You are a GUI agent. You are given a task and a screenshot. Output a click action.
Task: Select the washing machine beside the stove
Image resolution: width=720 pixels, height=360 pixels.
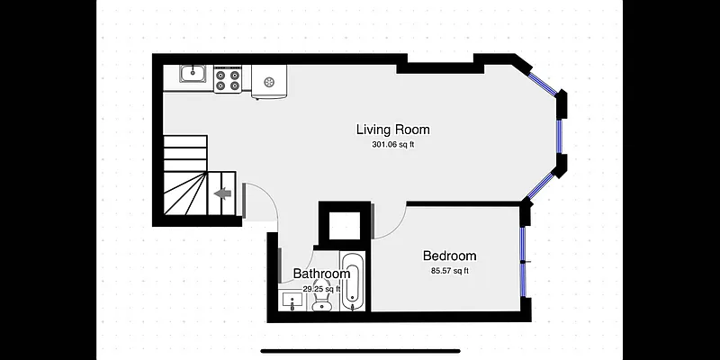(268, 82)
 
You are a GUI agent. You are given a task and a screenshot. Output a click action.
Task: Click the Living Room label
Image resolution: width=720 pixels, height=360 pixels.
(392, 130)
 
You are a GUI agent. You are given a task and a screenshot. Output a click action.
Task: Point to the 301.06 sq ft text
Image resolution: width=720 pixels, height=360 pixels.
(392, 145)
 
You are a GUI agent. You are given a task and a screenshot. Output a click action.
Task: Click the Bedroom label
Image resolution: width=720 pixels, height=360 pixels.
(449, 256)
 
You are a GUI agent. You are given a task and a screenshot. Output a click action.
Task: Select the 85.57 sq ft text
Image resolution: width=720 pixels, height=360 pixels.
(449, 270)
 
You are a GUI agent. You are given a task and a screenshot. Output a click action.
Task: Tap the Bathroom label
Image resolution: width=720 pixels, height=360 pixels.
(321, 274)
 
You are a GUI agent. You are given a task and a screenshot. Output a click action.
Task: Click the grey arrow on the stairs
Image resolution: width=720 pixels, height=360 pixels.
(223, 192)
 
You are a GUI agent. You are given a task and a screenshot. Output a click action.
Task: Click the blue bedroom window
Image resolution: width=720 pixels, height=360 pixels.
(522, 261)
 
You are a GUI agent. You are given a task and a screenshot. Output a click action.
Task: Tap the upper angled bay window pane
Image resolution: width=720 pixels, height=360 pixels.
(543, 80)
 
